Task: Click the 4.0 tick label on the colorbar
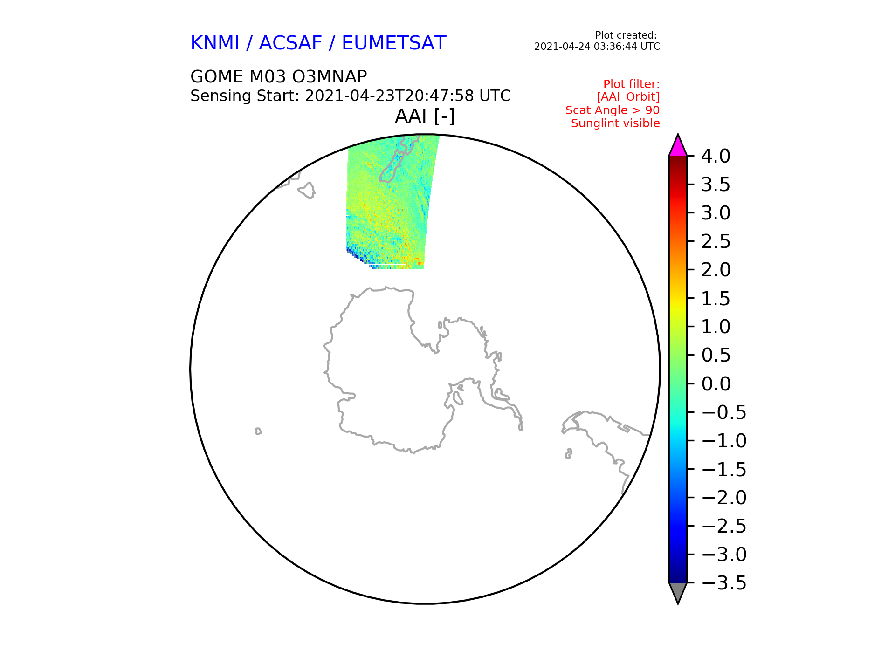[x=716, y=156]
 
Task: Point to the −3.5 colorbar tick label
[x=724, y=583]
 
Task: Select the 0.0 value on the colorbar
[x=716, y=384]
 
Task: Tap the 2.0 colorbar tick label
[x=716, y=270]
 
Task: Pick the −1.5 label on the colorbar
[x=724, y=469]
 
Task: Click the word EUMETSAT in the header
[x=394, y=43]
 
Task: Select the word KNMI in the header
[x=215, y=43]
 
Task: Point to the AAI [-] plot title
[x=425, y=116]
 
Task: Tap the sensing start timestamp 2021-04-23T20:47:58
[x=390, y=96]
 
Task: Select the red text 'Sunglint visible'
[x=615, y=123]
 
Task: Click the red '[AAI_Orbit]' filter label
[x=628, y=97]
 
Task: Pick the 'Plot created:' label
[x=626, y=35]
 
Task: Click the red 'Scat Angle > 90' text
[x=613, y=110]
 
